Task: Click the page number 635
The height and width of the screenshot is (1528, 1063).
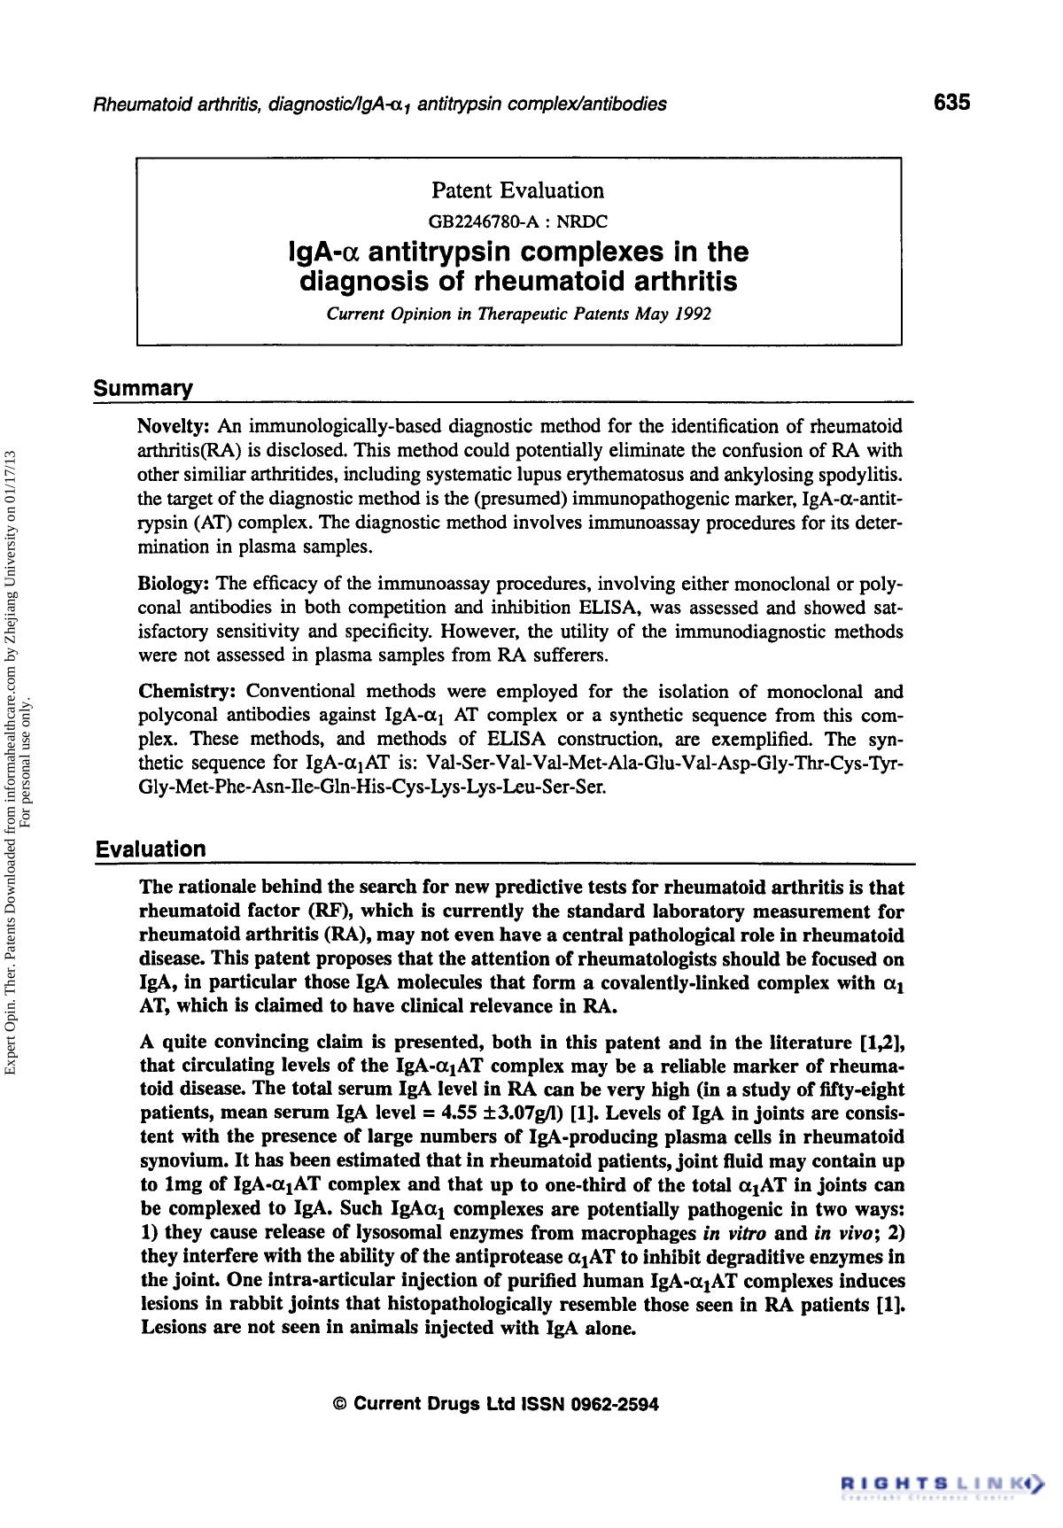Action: [951, 102]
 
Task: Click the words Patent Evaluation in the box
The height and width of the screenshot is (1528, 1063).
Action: [517, 190]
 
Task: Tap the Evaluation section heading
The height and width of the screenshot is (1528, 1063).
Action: [151, 849]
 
